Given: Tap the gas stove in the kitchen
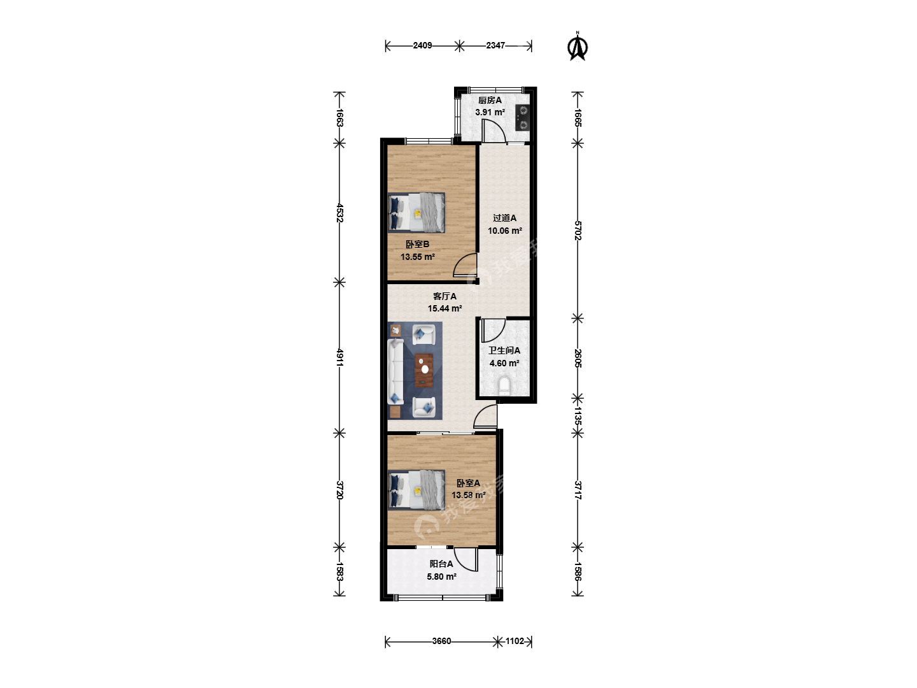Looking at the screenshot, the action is (x=522, y=117).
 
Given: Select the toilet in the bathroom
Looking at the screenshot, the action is (x=504, y=386).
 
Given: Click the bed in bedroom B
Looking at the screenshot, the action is (x=416, y=212).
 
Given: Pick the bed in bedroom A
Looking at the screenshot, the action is (x=416, y=490).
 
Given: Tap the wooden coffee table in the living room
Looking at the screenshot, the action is (x=423, y=371).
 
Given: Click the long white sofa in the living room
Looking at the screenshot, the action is (x=395, y=371).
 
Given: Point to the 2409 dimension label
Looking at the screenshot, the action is (x=422, y=45).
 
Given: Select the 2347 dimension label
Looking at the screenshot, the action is (x=495, y=45).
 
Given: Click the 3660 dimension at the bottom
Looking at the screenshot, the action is (x=441, y=641).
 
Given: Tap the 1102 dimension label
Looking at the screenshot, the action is (x=515, y=641).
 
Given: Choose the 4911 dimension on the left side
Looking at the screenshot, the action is (x=340, y=358).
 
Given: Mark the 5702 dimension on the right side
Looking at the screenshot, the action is (x=578, y=231).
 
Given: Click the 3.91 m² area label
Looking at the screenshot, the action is (x=490, y=112).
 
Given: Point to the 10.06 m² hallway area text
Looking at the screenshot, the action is (x=505, y=231).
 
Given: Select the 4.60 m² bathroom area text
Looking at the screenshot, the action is (x=504, y=363).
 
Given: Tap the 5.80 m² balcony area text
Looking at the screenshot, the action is (x=441, y=577).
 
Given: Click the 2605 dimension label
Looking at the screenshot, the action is (x=578, y=359).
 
